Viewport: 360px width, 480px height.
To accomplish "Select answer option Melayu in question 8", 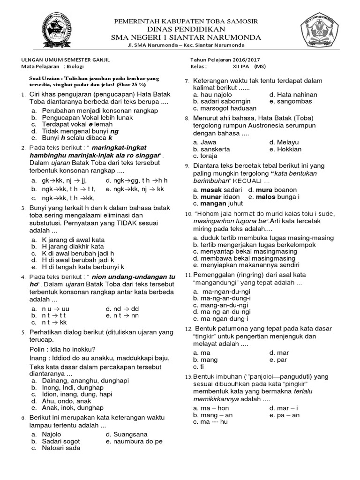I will [x=286, y=142].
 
